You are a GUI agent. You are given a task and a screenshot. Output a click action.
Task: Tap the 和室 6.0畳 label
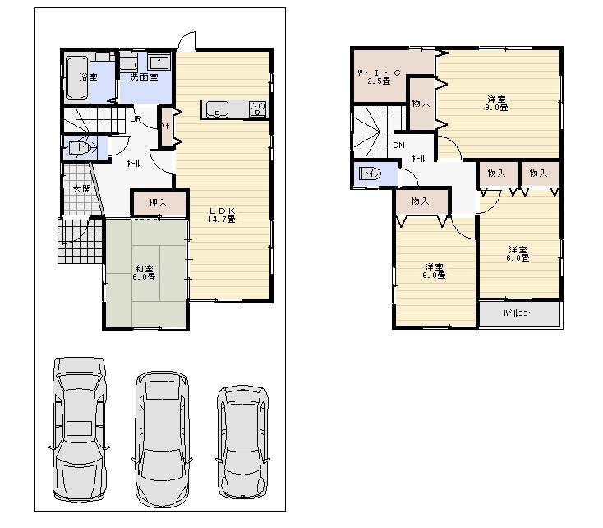145,272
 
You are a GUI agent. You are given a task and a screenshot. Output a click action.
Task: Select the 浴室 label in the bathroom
87,76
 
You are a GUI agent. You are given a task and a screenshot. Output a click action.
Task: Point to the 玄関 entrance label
81,189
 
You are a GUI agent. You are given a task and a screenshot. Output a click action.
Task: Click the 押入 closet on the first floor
159,203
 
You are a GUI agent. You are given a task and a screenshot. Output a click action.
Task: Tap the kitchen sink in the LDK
216,109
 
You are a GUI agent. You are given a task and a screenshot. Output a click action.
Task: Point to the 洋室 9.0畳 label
495,103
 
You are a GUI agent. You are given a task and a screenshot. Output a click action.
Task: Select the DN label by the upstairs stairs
398,146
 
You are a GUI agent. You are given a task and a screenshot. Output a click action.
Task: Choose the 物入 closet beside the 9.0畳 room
421,103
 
